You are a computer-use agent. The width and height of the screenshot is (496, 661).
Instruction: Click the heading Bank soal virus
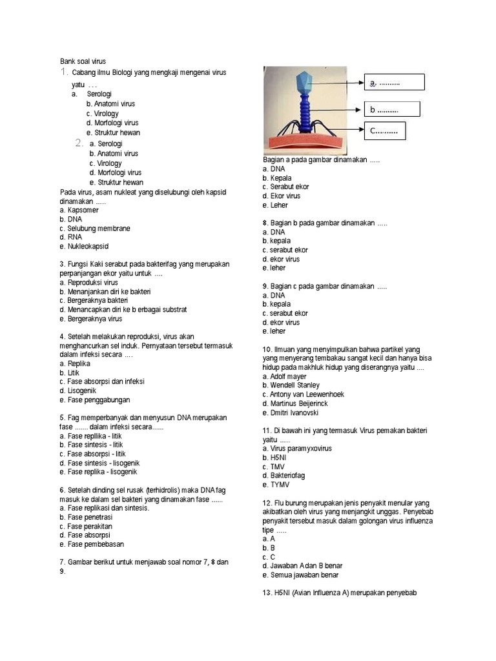[83, 61]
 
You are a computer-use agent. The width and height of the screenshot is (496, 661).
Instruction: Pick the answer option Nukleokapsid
[84, 247]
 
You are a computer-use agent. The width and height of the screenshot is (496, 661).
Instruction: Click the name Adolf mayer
[284, 376]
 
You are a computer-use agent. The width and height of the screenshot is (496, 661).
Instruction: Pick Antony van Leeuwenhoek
[303, 394]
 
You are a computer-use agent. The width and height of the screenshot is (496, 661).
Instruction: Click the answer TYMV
[274, 484]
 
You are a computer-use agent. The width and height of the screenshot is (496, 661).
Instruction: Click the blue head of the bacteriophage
[303, 82]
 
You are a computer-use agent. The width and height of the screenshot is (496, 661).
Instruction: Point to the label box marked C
[386, 132]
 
